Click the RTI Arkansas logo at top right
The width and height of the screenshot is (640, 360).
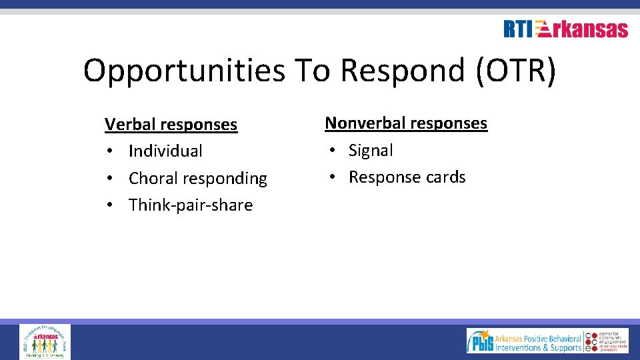click(565, 29)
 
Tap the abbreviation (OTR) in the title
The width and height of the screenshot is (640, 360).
click(515, 70)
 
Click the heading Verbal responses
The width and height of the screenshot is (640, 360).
click(171, 125)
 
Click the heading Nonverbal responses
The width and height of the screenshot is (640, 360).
click(406, 123)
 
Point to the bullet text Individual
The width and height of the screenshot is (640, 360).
click(165, 151)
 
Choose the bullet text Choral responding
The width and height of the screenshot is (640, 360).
click(197, 179)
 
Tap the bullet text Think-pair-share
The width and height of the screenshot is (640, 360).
click(191, 205)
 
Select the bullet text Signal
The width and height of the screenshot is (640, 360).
click(371, 151)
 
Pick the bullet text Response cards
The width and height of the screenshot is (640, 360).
click(407, 177)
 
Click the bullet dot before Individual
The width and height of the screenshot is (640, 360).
click(109, 152)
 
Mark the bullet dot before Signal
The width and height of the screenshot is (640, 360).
click(329, 151)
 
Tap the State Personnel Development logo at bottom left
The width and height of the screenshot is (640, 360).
click(45, 341)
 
